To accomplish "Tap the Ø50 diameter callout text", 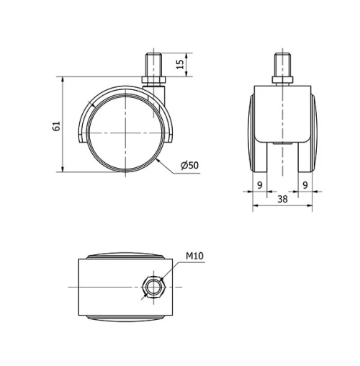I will [189, 165].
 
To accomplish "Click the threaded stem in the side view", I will [155, 62].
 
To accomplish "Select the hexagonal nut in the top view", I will [153, 286].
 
